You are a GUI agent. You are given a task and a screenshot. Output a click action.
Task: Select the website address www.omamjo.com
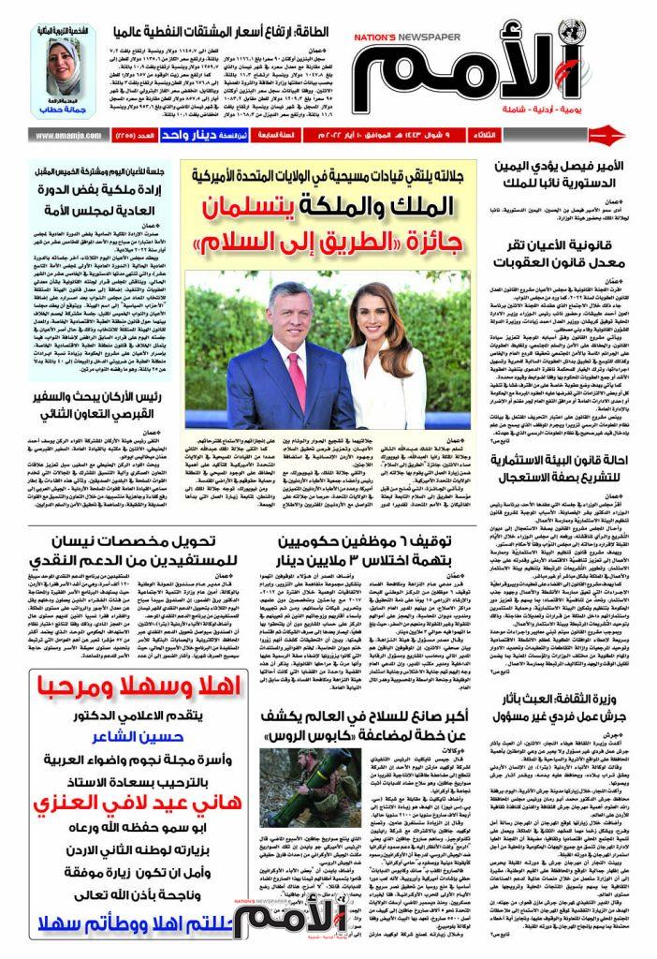coord(67,136)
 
